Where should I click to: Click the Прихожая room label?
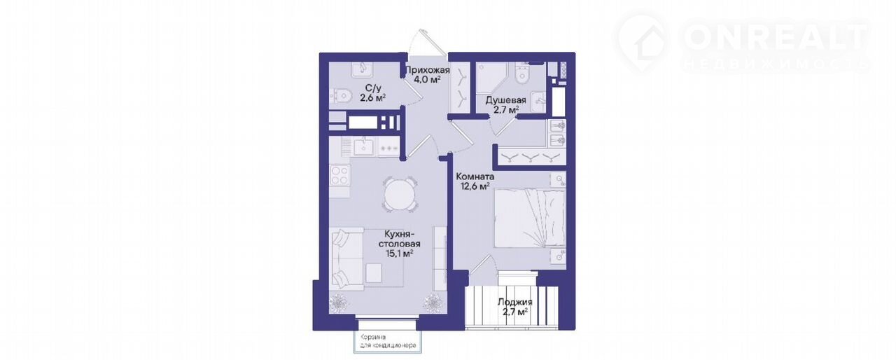428,71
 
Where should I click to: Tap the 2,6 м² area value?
93,98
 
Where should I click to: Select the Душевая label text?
505,100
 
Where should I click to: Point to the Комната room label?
475,176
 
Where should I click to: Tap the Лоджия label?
514,303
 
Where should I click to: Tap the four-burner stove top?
340,176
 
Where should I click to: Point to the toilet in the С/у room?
340,95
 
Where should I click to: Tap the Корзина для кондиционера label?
388,341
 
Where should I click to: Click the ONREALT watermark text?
775,37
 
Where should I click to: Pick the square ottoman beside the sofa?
374,272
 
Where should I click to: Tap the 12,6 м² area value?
476,186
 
